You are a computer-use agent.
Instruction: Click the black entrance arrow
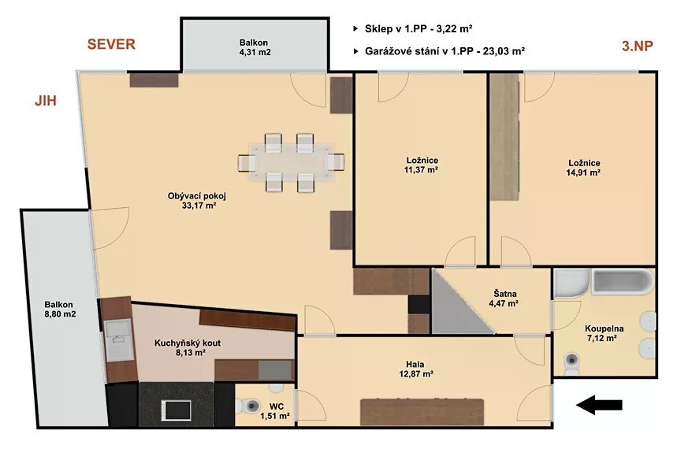(599, 405)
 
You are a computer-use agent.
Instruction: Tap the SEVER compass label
(111, 44)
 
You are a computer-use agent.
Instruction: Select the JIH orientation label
(46, 101)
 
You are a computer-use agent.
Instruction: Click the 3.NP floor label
(638, 46)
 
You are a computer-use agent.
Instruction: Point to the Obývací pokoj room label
(197, 196)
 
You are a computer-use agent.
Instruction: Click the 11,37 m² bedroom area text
(421, 170)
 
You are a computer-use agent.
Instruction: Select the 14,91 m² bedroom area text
(583, 173)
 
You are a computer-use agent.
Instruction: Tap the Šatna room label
(505, 294)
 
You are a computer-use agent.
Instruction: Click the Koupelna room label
(604, 329)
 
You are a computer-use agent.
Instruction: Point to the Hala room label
(415, 365)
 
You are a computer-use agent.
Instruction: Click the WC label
(277, 406)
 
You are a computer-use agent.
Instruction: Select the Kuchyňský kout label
(188, 343)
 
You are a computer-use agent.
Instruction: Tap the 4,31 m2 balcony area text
(255, 52)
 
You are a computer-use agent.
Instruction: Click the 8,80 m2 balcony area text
(60, 314)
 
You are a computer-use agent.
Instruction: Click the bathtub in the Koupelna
(624, 282)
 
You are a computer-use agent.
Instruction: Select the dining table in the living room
(291, 162)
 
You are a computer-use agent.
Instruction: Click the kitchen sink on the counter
(118, 340)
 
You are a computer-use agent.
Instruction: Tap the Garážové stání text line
(445, 51)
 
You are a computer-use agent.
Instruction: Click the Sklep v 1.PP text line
(418, 29)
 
